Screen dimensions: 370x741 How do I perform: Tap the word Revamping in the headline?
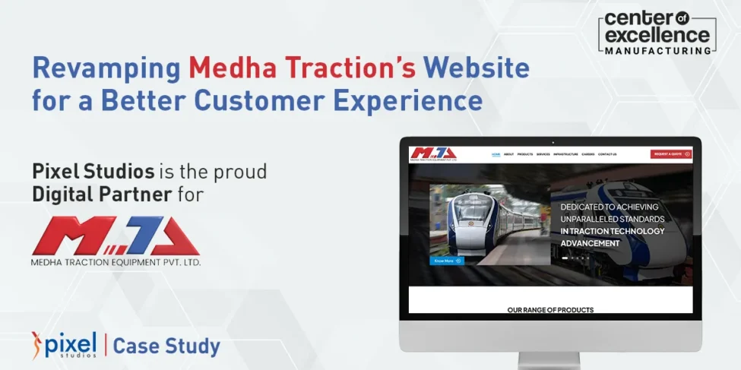(107, 69)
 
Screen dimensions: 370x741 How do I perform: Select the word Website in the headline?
(477, 68)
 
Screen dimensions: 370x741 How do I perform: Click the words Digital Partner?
(102, 194)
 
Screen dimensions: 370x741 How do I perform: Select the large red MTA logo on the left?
(115, 235)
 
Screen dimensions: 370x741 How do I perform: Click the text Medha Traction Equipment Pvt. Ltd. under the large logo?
(116, 262)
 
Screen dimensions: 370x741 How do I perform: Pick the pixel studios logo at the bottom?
(65, 345)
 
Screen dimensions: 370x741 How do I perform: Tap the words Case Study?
(166, 347)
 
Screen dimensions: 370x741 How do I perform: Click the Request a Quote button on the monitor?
(670, 154)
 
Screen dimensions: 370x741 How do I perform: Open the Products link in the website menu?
(525, 154)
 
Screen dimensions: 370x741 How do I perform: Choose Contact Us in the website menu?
(607, 154)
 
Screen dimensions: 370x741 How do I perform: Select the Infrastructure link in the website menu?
(566, 154)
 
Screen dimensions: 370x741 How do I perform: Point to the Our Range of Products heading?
(550, 309)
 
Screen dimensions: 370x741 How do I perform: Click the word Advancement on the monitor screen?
(590, 243)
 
